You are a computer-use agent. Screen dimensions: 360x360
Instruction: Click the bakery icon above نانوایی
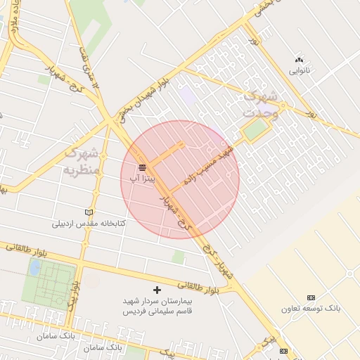click(300, 60)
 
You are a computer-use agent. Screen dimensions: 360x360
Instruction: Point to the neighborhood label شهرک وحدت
click(262, 103)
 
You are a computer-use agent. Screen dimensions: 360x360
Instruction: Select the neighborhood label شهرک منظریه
click(83, 161)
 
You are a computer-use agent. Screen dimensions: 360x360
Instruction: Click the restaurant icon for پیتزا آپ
click(143, 167)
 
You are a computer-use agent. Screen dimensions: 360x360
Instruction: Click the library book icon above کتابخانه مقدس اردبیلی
click(89, 212)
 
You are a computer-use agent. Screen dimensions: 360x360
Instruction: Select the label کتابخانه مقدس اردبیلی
click(89, 224)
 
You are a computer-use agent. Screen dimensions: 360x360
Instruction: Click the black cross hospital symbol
click(157, 289)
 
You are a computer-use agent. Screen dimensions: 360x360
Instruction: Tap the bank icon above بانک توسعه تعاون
click(311, 297)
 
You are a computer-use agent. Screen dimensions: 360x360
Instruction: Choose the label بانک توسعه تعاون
click(311, 309)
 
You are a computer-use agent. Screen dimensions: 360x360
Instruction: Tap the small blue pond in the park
click(34, 267)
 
